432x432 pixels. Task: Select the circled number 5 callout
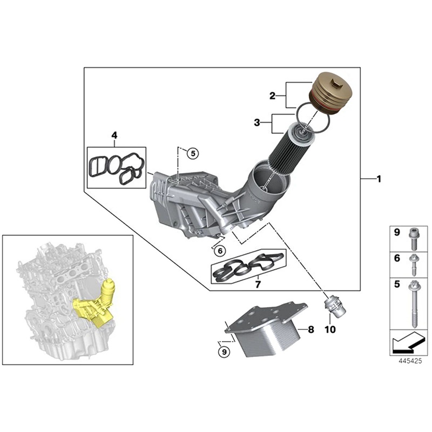[x=192, y=153]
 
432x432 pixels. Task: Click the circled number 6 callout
[x=219, y=251]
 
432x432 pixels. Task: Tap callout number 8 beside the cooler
[x=310, y=328]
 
